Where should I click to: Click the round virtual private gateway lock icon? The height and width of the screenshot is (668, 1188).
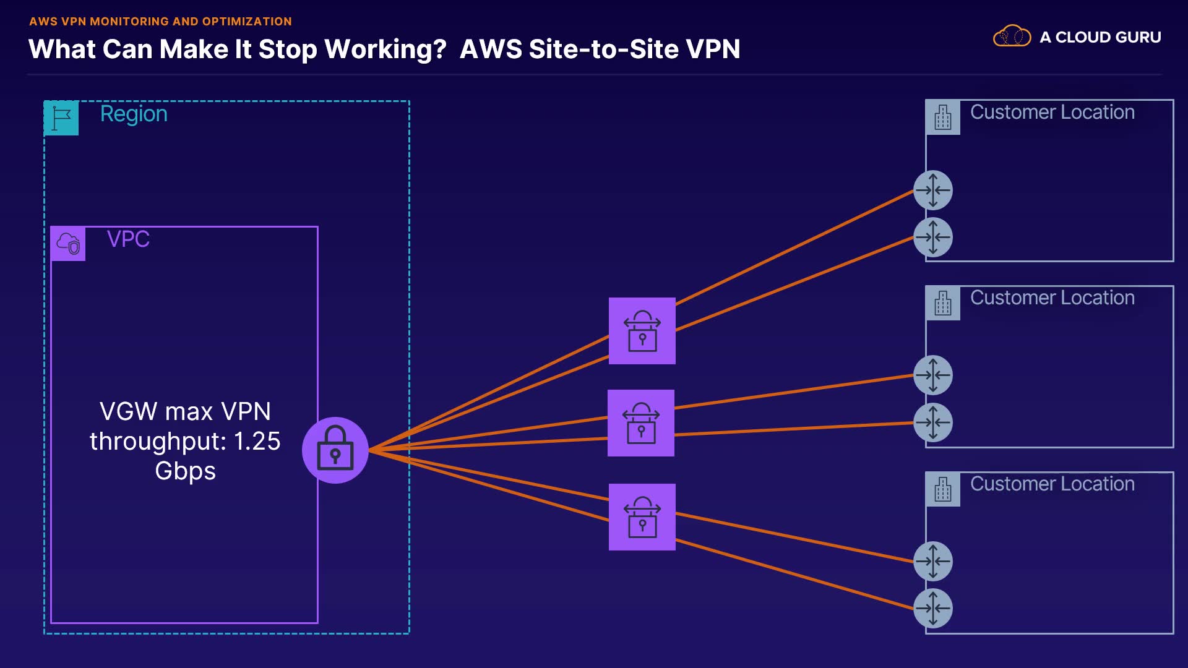(x=335, y=450)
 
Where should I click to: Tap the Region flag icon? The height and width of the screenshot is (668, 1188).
(x=61, y=118)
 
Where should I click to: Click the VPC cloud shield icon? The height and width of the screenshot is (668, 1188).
(x=68, y=243)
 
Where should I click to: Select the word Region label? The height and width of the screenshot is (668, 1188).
(x=134, y=114)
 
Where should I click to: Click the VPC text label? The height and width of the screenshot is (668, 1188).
(x=128, y=239)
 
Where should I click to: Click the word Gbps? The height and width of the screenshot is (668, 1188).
(x=185, y=471)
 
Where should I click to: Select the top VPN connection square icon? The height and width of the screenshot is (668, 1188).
(x=642, y=331)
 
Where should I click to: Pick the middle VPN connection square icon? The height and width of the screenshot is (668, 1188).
(x=640, y=423)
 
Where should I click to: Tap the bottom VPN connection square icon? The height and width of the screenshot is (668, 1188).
(x=642, y=517)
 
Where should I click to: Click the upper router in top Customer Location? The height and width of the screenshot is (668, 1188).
(x=932, y=190)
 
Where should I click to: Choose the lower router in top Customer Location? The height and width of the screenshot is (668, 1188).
(x=932, y=237)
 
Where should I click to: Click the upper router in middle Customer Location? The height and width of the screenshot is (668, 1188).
(x=932, y=375)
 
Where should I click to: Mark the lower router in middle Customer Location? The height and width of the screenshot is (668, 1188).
(x=932, y=422)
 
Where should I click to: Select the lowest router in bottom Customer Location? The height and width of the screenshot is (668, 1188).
(x=932, y=608)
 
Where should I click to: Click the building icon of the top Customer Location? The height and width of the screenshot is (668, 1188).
(x=942, y=117)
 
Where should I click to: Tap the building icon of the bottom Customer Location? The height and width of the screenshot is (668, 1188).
(x=942, y=489)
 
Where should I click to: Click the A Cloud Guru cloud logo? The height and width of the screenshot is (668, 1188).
(x=1012, y=36)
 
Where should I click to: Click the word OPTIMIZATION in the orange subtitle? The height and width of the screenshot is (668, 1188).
(x=247, y=21)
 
